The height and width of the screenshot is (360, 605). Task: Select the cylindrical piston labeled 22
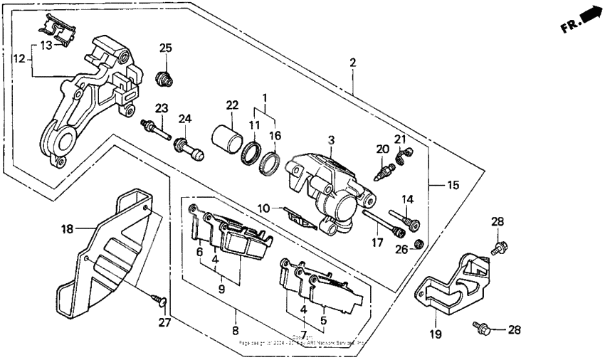point(224,134)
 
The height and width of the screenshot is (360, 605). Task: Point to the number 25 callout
point(166,48)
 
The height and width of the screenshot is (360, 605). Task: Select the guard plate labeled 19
point(452,285)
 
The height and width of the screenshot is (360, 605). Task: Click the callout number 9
point(221,289)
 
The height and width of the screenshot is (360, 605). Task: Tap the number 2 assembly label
point(353,63)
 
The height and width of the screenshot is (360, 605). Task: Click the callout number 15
point(453,186)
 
